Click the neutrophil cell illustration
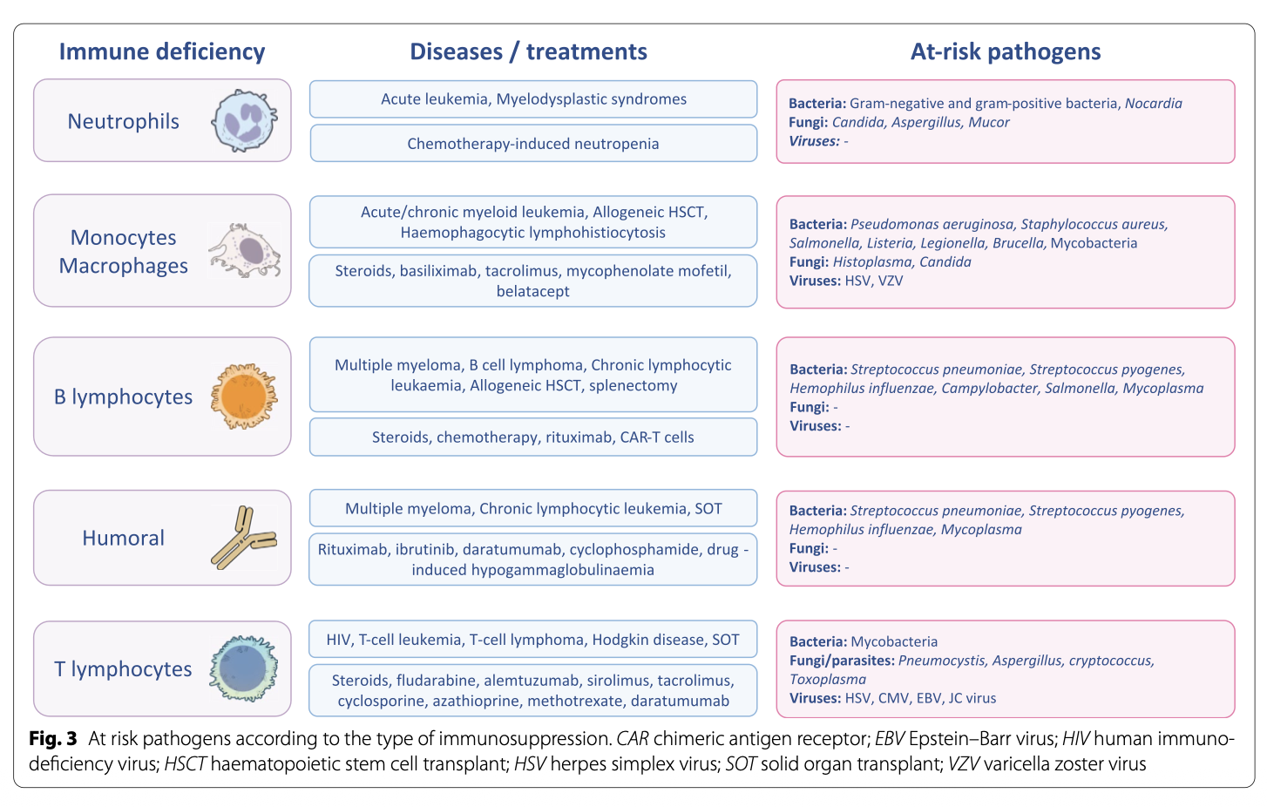click(x=245, y=121)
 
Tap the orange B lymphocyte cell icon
click(x=245, y=397)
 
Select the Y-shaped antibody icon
click(x=243, y=538)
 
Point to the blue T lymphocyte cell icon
click(x=244, y=668)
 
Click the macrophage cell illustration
click(x=245, y=251)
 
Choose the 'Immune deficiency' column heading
click(x=162, y=51)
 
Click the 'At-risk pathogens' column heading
click(x=1006, y=51)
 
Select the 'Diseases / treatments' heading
click(x=528, y=51)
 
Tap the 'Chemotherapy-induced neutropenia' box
click(x=533, y=144)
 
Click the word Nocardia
click(x=1153, y=104)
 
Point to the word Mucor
click(x=989, y=123)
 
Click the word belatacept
click(x=533, y=292)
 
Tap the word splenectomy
click(x=633, y=386)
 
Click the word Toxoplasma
click(x=827, y=680)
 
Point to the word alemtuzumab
click(x=531, y=681)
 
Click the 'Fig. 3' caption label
click(x=52, y=739)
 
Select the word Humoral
click(x=123, y=539)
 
